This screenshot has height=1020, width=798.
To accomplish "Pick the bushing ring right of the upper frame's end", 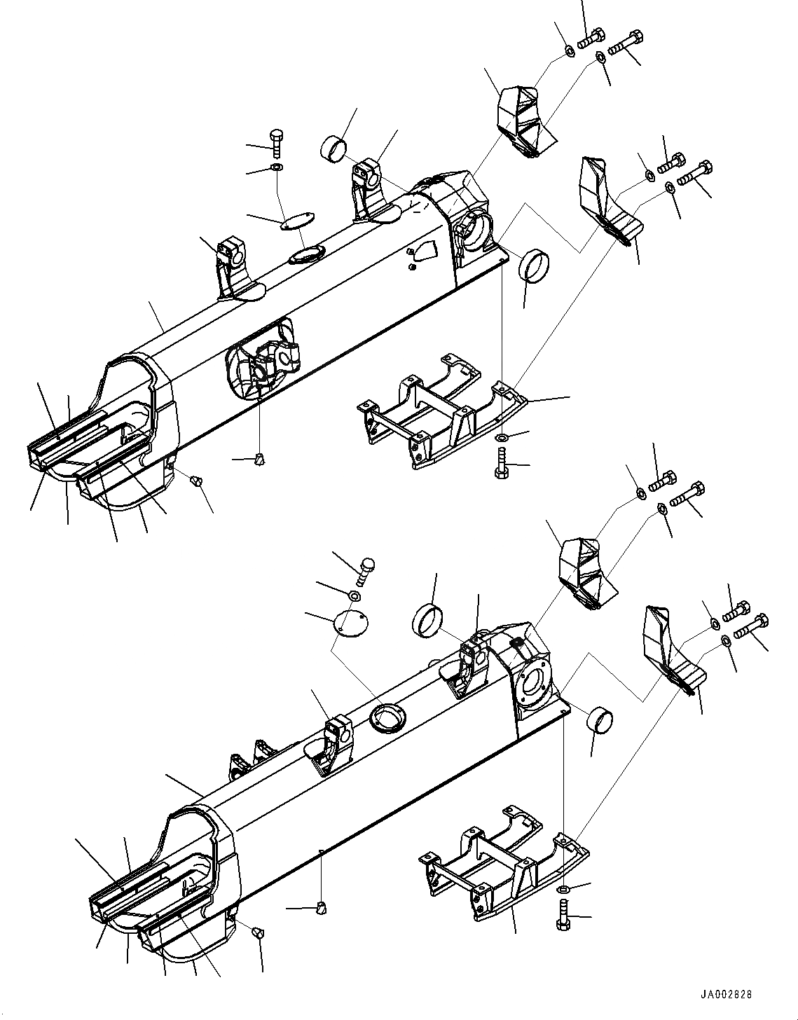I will coord(533,265).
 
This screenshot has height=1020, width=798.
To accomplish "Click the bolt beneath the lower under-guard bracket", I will coord(563,914).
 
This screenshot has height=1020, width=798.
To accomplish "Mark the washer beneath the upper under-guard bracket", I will coord(502,439).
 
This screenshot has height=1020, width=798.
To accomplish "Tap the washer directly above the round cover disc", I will coord(355,595).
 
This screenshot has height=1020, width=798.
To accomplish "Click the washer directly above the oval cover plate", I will coord(276,167).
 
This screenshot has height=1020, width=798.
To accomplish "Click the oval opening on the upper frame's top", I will coord(305,254).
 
